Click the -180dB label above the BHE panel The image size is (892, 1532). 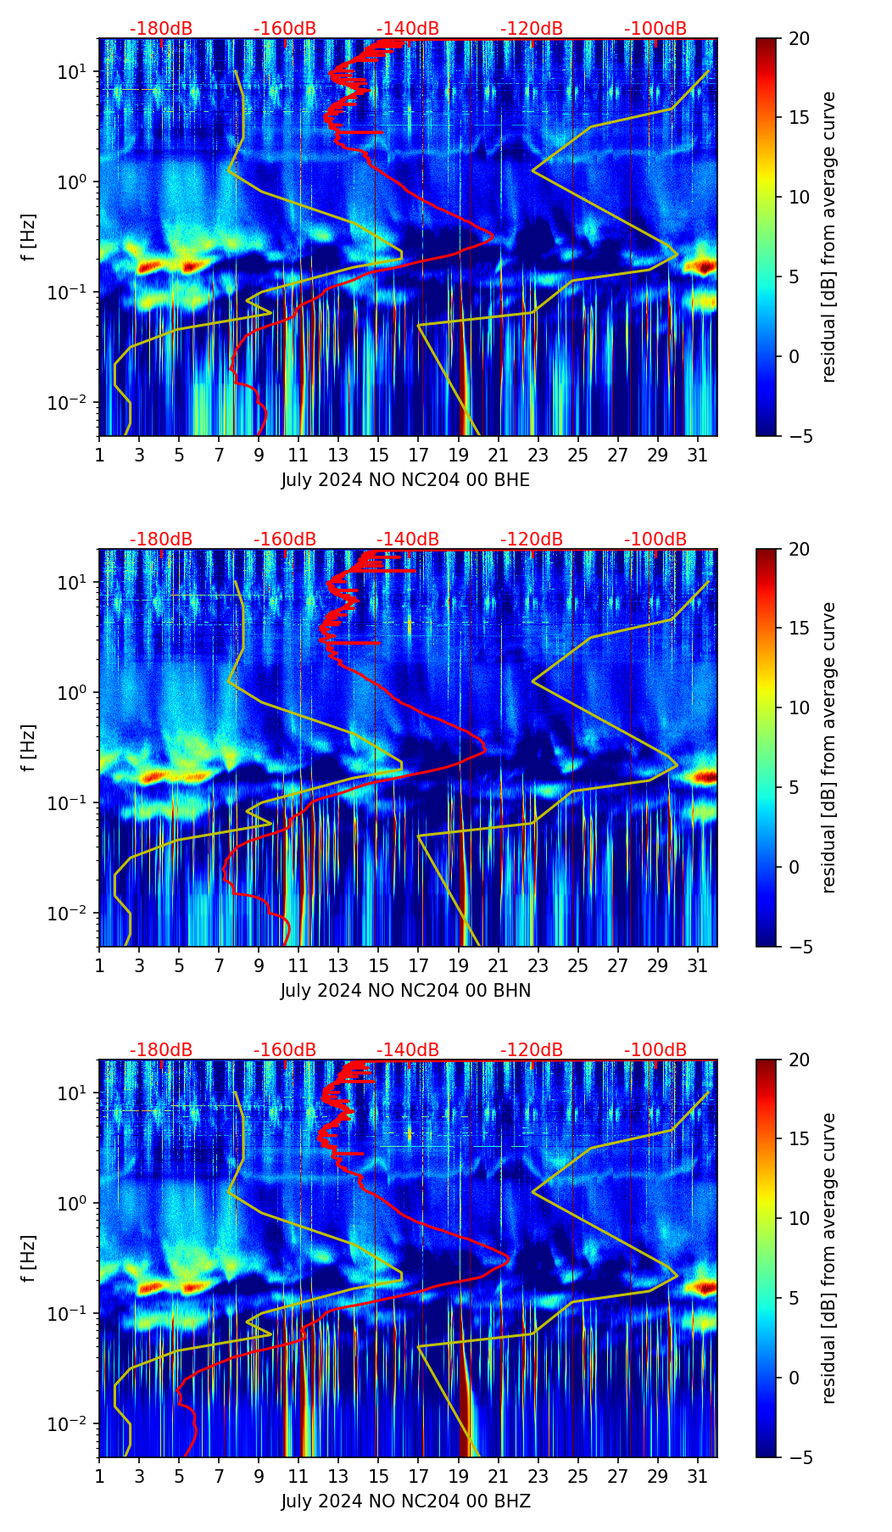click(161, 29)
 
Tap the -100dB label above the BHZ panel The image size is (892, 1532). click(655, 1050)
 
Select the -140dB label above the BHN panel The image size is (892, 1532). click(408, 540)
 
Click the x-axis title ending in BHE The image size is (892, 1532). click(405, 480)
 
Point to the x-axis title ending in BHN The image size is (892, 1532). click(405, 991)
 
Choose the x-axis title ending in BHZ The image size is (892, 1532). click(405, 1501)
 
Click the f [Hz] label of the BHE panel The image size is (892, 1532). click(29, 238)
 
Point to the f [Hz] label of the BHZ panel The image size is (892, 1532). click(29, 1259)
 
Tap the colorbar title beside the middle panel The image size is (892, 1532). click(829, 747)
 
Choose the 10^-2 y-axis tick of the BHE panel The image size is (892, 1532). click(73, 401)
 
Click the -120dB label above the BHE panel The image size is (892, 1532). click(532, 29)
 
